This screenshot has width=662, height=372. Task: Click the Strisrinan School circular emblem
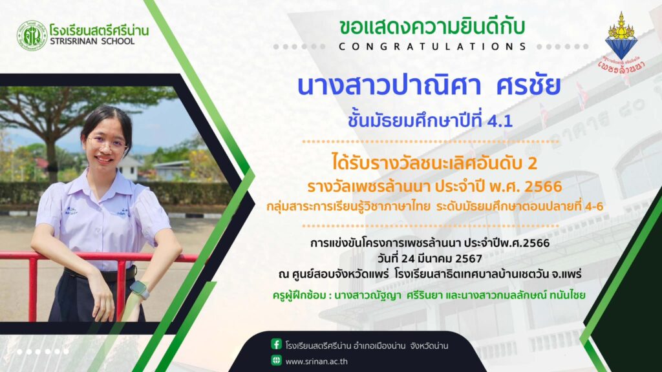(x=32, y=36)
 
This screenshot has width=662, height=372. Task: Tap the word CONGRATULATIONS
(x=432, y=46)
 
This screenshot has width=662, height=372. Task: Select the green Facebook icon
(x=276, y=344)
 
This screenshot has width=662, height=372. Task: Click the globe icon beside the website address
(x=276, y=360)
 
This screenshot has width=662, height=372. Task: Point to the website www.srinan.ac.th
(x=317, y=362)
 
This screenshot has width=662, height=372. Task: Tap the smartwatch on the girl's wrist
(x=140, y=290)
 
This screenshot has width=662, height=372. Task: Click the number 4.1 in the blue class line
(x=500, y=121)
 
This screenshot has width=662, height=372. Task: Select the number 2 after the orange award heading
(x=532, y=163)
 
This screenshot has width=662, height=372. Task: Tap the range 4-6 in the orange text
(x=592, y=207)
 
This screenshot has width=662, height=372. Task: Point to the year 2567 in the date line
(x=469, y=258)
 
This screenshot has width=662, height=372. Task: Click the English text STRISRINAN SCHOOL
(x=92, y=41)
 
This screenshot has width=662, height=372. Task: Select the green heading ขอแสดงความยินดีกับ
(x=432, y=26)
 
